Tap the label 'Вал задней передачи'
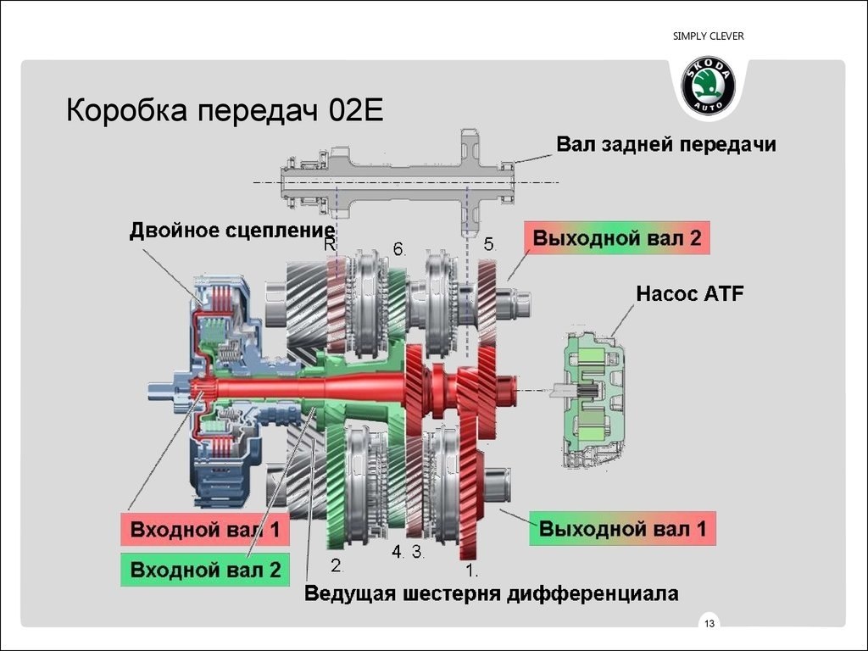coord(665,144)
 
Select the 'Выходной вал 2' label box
coord(616,238)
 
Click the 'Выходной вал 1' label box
coord(623,529)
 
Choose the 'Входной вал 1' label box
coord(205,531)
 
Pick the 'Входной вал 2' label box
coord(205,570)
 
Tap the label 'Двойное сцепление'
coord(231,230)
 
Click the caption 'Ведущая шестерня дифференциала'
coord(492,593)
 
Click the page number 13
coord(709,625)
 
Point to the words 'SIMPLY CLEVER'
coord(708,36)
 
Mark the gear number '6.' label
coord(400,249)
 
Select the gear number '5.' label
coord(489,244)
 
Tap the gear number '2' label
coord(336,565)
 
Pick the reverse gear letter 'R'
coord(330,244)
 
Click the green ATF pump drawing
coord(593,398)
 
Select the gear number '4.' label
coord(398,552)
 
